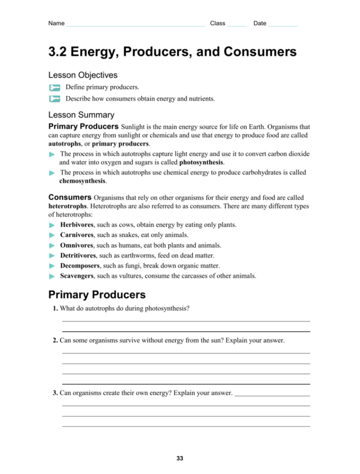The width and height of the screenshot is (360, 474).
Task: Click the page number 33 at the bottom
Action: point(180,458)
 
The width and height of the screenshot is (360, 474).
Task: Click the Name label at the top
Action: point(56,23)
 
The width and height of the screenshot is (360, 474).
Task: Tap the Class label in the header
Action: point(217,23)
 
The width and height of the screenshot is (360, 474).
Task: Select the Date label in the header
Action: point(260,23)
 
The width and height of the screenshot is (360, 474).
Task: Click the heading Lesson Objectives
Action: point(83,75)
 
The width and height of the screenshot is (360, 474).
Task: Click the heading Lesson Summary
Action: point(81,115)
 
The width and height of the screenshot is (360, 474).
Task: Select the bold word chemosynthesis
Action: point(82,180)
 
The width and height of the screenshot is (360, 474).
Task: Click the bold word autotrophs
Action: point(65,144)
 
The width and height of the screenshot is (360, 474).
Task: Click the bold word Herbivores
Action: point(77,225)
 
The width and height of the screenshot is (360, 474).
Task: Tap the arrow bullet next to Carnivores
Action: point(52,236)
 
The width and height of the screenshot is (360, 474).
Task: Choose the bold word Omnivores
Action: point(77,245)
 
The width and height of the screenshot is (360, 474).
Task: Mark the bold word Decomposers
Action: point(80,266)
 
